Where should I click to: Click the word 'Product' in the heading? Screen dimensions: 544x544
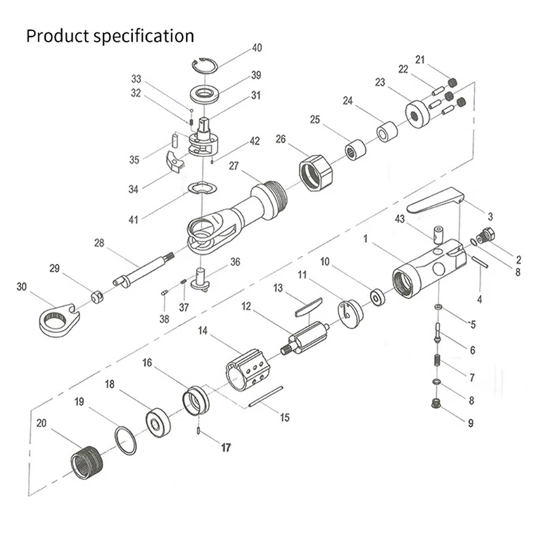[61, 35]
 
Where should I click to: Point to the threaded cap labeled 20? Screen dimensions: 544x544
[86, 462]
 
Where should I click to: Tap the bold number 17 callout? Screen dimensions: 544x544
[225, 447]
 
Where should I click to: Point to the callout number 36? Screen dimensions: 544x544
[235, 261]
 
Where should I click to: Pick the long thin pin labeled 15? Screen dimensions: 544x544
[266, 397]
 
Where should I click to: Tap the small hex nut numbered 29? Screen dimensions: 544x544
[97, 296]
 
